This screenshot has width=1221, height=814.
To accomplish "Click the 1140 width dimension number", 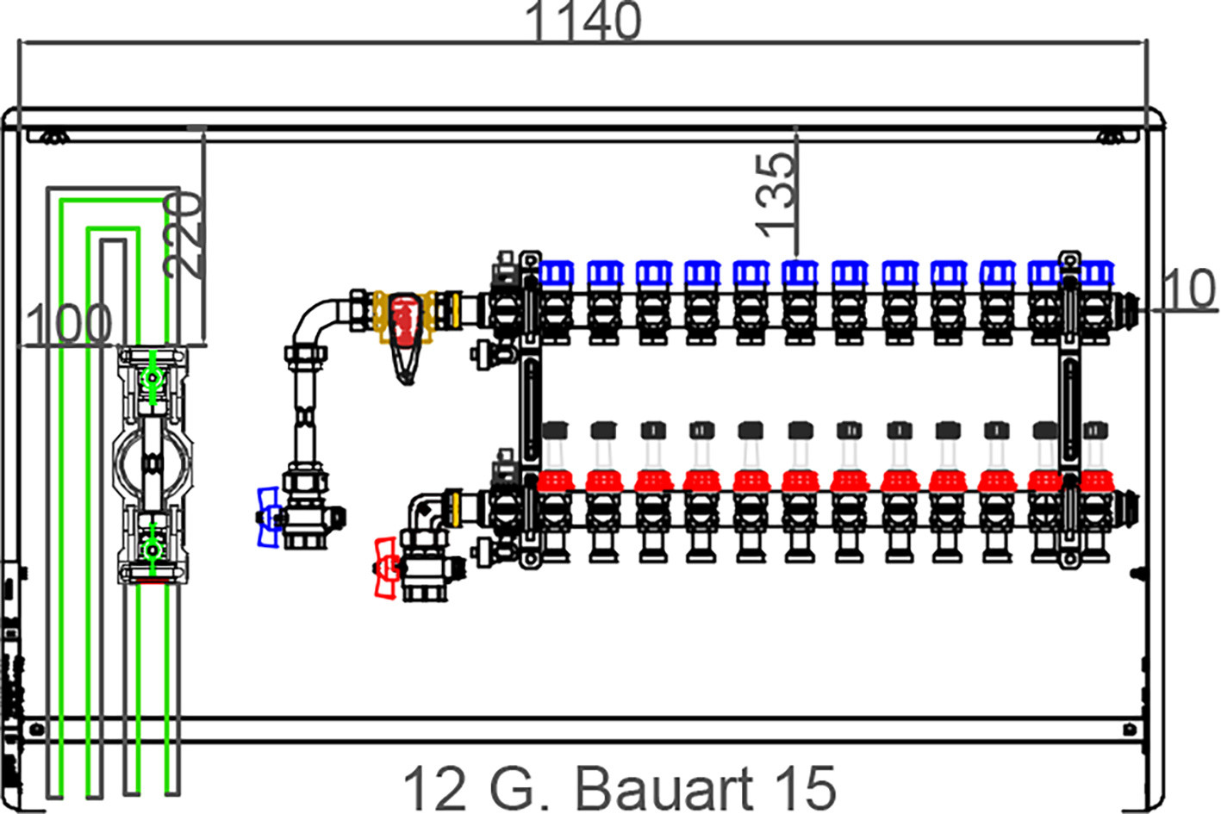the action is [582, 21].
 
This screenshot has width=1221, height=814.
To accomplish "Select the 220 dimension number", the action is [184, 235].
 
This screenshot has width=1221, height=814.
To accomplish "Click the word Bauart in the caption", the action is [663, 788].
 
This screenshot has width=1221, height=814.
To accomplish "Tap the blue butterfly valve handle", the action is [268, 517].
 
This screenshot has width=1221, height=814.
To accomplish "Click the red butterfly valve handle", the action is [387, 569].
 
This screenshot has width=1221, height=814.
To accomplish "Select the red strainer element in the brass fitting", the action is [405, 321].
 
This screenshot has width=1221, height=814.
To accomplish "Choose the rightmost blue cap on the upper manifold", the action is [1096, 272].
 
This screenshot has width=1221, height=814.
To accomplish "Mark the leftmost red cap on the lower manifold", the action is [556, 481].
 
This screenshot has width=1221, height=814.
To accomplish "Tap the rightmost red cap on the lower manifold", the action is [1096, 481].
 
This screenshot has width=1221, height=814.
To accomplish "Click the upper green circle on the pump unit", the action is [152, 377].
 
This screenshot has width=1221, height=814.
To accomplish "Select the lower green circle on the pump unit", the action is [152, 550].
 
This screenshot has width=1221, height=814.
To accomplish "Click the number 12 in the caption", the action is [434, 788].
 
